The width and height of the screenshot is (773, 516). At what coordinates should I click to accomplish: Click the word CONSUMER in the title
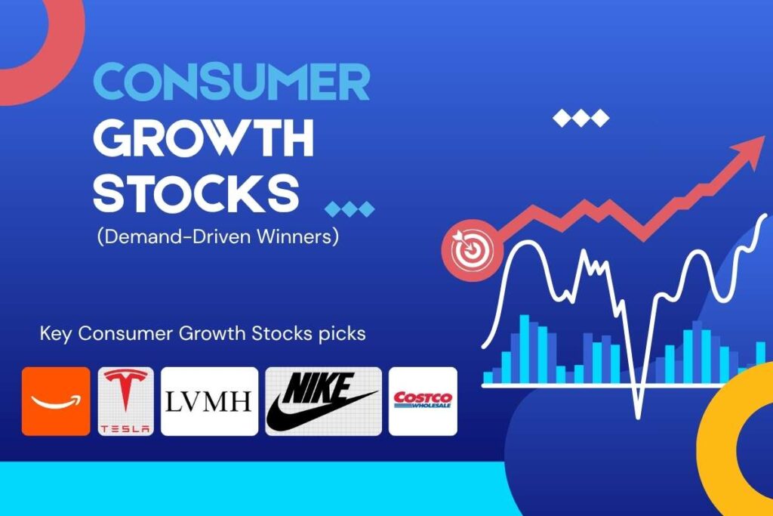click(231, 82)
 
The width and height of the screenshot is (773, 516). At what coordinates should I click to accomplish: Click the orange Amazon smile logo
click(56, 401)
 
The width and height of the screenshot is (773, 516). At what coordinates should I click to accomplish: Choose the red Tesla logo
click(125, 401)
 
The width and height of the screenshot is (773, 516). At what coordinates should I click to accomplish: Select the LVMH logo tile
click(209, 401)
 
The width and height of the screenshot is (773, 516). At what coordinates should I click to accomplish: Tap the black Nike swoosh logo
click(323, 401)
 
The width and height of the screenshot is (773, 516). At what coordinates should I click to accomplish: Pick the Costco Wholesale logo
click(423, 400)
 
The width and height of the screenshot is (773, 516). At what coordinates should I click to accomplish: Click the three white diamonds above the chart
click(581, 118)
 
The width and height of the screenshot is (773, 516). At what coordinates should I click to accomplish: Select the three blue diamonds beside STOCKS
click(349, 209)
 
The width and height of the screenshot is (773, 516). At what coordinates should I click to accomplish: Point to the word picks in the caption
click(345, 334)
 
